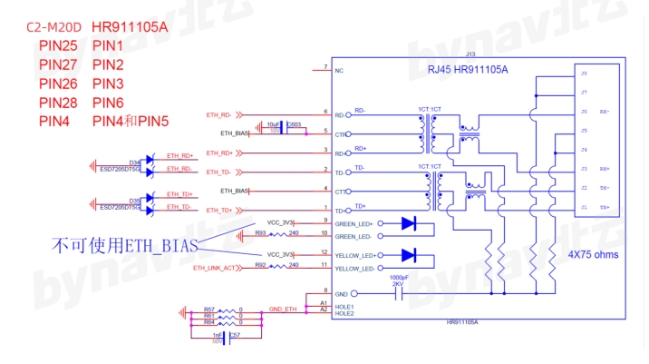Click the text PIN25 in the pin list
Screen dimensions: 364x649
pos(58,45)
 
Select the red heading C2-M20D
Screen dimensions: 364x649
pos(57,26)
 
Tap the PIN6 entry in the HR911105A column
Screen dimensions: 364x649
pos(108,103)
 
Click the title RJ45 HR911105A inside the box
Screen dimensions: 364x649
pos(467,70)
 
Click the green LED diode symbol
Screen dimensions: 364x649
pos(409,222)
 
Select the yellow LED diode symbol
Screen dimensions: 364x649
pos(409,255)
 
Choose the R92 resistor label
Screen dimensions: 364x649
pos(259,264)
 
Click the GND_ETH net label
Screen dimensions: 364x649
pos(283,310)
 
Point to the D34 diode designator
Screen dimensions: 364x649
pos(135,162)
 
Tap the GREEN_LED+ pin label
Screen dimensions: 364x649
pos(354,222)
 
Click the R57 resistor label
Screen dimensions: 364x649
pos(209,309)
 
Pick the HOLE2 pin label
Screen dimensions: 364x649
pos(344,314)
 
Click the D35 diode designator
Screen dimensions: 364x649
pos(135,201)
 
